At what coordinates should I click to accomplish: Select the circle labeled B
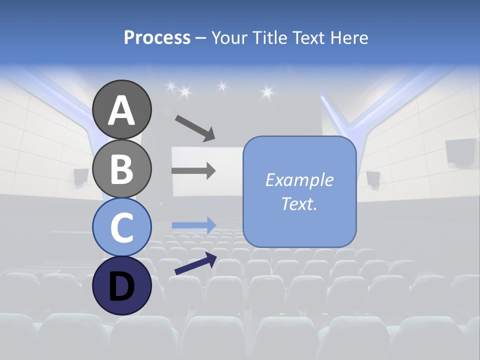click(x=121, y=168)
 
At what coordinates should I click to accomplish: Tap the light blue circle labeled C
click(x=121, y=227)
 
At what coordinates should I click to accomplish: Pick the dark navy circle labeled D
click(x=121, y=285)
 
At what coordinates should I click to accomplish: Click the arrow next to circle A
click(x=195, y=128)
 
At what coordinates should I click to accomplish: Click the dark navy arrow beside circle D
click(x=195, y=263)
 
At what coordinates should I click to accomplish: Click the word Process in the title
click(x=157, y=37)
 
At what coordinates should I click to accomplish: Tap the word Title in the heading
click(x=270, y=37)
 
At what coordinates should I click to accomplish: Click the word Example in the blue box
click(x=299, y=180)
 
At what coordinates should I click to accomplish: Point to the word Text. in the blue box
click(x=299, y=203)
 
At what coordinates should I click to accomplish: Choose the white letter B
click(x=121, y=168)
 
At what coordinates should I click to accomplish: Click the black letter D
click(x=121, y=286)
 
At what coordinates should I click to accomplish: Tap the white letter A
click(x=121, y=109)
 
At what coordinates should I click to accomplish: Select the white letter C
click(x=121, y=227)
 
